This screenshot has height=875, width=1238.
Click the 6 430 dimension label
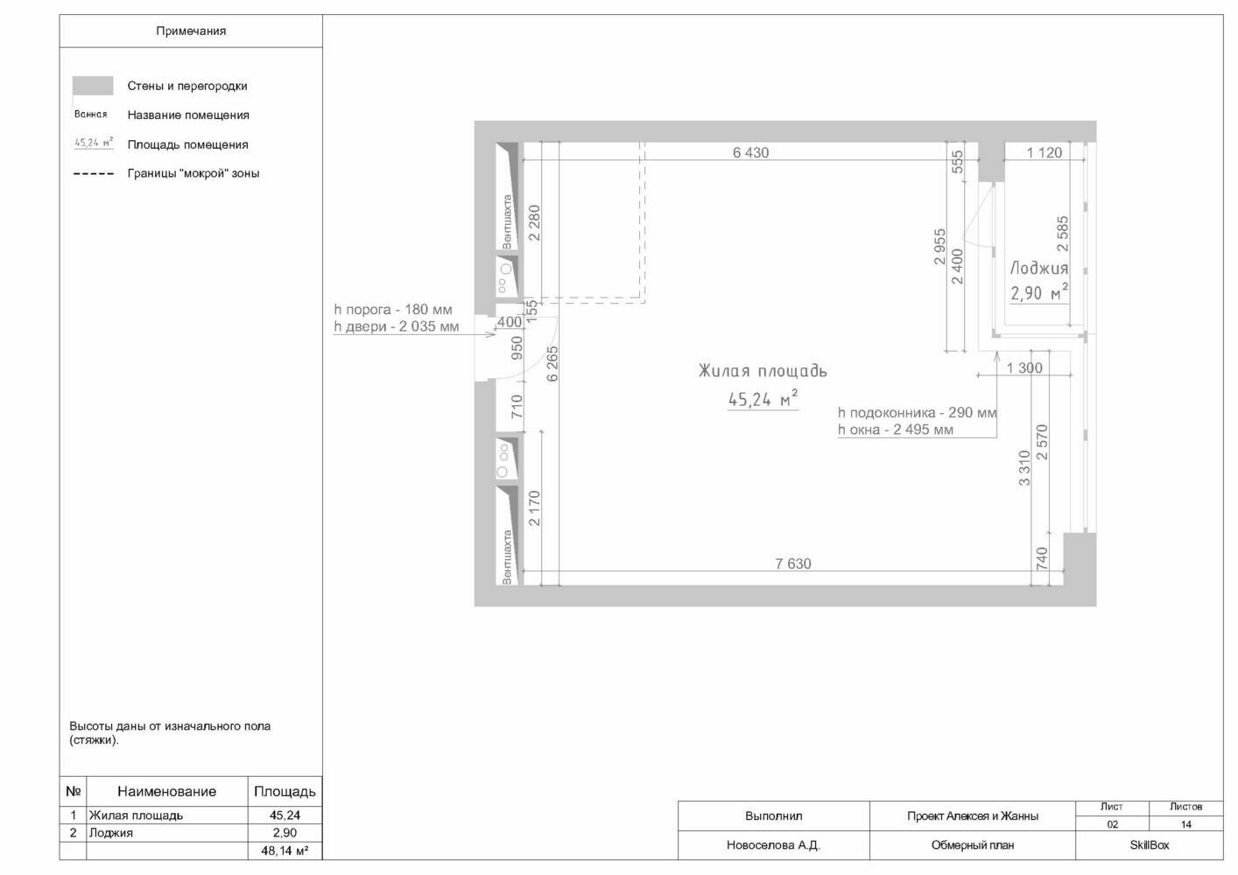[750, 152]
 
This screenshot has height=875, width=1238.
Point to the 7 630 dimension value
[793, 563]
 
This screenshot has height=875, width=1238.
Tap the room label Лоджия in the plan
[1039, 269]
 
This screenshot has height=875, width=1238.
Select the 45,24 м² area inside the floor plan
[763, 398]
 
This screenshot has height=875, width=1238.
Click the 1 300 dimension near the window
[1024, 367]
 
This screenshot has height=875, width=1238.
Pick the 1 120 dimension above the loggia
[1044, 152]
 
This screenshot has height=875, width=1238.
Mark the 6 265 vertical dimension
[552, 363]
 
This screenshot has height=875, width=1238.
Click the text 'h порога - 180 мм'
[393, 310]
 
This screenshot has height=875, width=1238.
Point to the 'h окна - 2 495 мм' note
[896, 430]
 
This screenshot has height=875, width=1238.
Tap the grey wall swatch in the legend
[93, 86]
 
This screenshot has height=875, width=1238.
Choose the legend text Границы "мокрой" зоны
[193, 173]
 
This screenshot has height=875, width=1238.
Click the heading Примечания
[191, 31]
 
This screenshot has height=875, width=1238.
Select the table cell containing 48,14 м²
[285, 850]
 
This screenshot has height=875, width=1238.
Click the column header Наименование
[166, 792]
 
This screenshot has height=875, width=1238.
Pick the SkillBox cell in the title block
[1149, 845]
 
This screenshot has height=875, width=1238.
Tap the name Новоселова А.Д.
[773, 845]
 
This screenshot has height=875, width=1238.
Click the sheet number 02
[1112, 824]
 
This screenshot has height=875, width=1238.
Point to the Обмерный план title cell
[972, 845]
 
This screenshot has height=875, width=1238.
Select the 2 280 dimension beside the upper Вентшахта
[534, 222]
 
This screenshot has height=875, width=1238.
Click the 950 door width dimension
[517, 348]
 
